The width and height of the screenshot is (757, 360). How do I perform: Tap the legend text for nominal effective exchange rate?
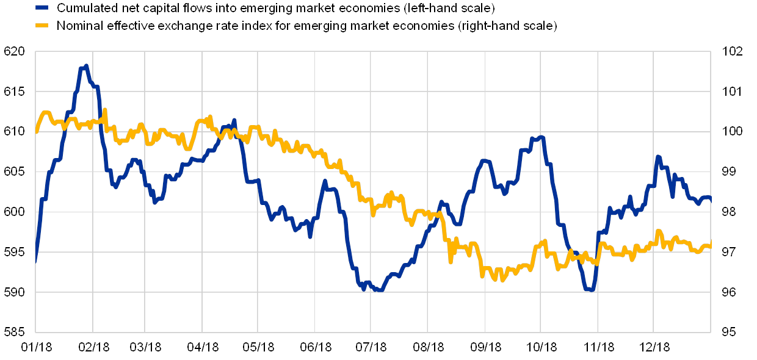pyautogui.click(x=306, y=26)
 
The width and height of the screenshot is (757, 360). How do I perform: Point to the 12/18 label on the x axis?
pyautogui.click(x=654, y=347)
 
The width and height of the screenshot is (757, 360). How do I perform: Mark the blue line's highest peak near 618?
pyautogui.click(x=86, y=66)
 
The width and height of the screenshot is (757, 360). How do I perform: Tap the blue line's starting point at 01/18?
pyautogui.click(x=35, y=261)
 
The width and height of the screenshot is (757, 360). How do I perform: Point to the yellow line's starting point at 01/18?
pyautogui.click(x=36, y=131)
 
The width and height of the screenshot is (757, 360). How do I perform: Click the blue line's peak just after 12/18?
pyautogui.click(x=658, y=157)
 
